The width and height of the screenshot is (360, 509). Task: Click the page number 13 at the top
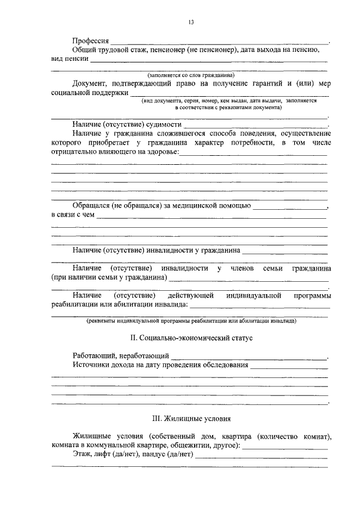[191, 22]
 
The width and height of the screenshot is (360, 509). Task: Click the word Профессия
[91, 42]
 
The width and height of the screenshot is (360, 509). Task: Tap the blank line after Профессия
[219, 43]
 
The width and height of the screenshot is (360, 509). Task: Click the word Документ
[91, 83]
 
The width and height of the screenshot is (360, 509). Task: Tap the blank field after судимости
[256, 125]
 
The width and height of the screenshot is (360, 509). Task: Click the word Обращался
[92, 206]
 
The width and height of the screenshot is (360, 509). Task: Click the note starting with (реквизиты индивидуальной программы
[191, 321]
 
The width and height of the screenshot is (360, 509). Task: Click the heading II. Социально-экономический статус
[191, 339]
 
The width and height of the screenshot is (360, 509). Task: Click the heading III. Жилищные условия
[191, 419]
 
